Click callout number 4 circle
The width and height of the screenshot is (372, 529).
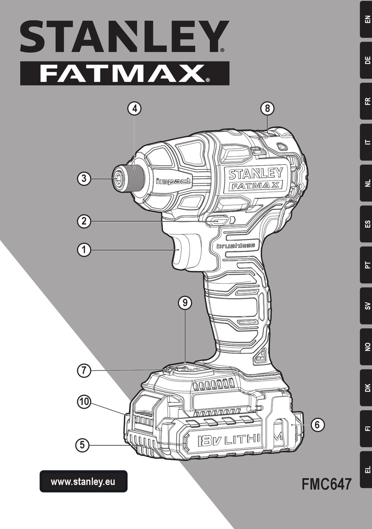[x=134, y=108]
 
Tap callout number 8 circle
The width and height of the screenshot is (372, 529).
[x=267, y=108]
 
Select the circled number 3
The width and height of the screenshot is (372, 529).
[x=84, y=179]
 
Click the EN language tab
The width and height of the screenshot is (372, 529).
[x=366, y=19]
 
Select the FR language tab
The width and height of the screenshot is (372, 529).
[x=366, y=101]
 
